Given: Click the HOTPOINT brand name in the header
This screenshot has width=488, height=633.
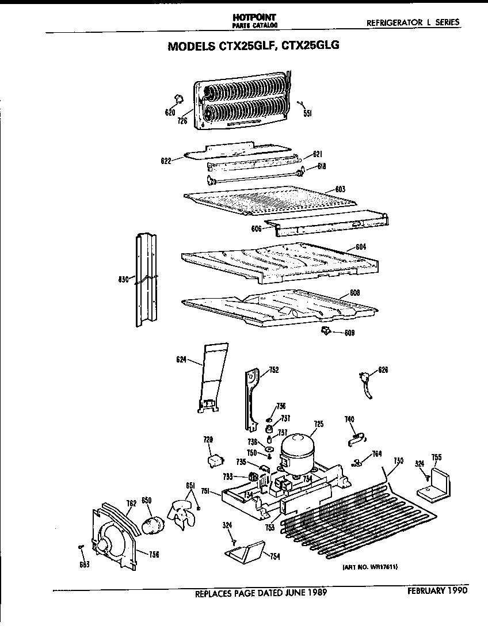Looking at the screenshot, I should [x=253, y=19].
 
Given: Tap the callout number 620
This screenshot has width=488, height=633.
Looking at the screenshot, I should [x=170, y=113].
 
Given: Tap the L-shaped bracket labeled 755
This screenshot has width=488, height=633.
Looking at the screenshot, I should [x=435, y=483].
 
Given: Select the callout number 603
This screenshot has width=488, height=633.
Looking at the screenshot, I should [x=340, y=189].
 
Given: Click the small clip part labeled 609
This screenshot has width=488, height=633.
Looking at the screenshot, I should [x=326, y=330].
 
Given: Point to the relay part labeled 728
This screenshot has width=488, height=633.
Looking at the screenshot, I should [x=214, y=461].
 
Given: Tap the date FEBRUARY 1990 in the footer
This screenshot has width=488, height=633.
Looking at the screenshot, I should [x=437, y=590].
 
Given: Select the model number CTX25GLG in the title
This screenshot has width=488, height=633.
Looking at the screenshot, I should [x=306, y=47].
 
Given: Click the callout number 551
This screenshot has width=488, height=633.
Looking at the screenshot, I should [x=308, y=114].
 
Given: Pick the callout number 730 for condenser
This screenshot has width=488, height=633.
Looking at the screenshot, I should [x=398, y=460].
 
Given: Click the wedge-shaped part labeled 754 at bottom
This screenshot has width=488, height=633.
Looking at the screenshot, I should [x=245, y=553].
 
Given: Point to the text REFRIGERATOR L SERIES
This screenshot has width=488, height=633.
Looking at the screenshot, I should [x=413, y=22].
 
